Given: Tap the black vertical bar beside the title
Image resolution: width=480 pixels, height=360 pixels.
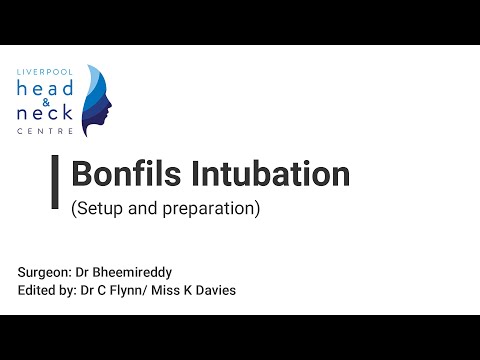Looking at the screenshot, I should (x=54, y=182).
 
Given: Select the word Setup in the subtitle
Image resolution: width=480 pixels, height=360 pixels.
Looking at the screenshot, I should (x=98, y=210).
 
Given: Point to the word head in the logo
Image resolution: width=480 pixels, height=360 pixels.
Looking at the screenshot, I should (x=45, y=89).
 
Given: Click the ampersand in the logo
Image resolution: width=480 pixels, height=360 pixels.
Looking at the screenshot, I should (x=45, y=103).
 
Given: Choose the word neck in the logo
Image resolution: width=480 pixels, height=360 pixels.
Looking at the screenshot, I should (x=45, y=116).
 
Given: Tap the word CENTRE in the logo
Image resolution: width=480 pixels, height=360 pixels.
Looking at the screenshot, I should (x=45, y=132).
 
